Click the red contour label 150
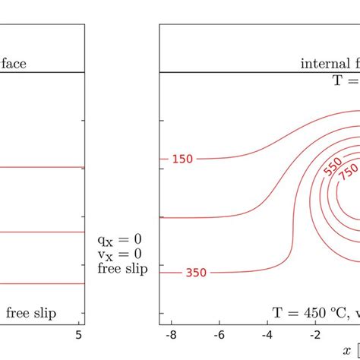click(x=182, y=159)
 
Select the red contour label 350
click(x=196, y=272)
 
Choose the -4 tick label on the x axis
click(x=267, y=335)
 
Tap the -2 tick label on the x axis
click(x=315, y=335)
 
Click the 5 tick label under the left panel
click(x=79, y=335)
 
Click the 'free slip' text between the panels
click(x=123, y=268)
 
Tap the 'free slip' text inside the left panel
click(x=32, y=313)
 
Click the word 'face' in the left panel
click(x=14, y=64)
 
